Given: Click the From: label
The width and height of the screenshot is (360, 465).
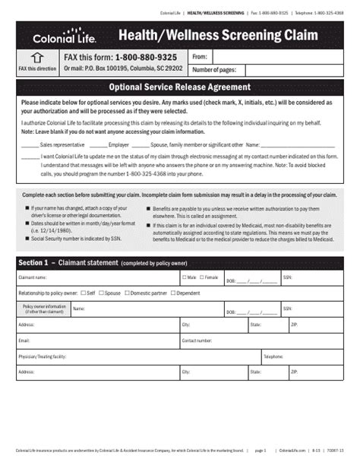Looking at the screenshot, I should (x=200, y=57).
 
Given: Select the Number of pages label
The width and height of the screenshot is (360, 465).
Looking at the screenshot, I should (x=215, y=70).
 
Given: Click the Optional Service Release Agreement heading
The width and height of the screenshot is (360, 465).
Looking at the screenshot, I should (x=179, y=87).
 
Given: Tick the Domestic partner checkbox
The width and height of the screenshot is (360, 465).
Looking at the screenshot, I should (x=129, y=292).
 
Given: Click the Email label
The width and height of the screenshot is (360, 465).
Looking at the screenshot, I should (x=24, y=340).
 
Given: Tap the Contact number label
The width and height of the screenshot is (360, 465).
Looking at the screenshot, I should (x=197, y=340).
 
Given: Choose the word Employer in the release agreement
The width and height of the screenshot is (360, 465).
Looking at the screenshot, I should (x=118, y=143).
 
